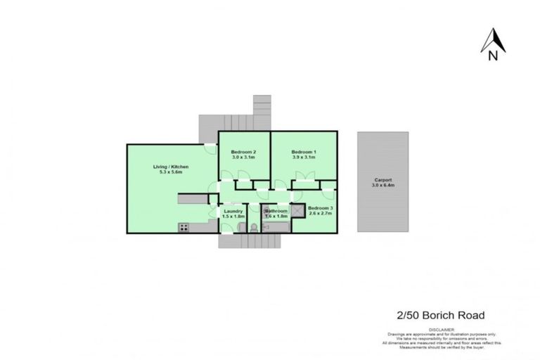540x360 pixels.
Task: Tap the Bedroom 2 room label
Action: pos(243,153)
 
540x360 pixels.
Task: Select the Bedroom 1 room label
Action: pos(304,153)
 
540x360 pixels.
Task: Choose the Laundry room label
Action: pos(233,211)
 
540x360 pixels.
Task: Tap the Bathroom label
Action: pos(276,211)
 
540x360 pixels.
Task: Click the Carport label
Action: pos(383,179)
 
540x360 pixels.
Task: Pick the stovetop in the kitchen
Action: pos(184,227)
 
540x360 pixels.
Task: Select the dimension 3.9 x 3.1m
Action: pos(304,158)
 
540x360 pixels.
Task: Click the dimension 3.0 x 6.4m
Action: pos(383,185)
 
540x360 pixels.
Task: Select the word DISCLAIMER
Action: pos(442,329)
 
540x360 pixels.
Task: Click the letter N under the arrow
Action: pos(494,52)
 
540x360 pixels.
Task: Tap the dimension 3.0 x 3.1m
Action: pos(243,158)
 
